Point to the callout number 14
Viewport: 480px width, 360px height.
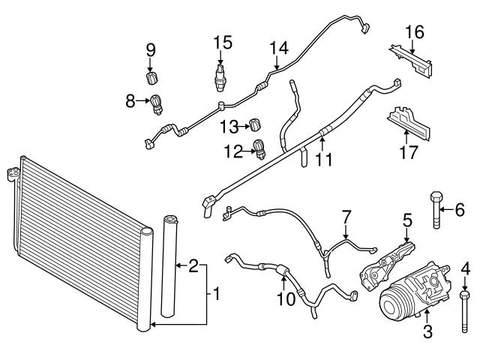(x=279, y=48)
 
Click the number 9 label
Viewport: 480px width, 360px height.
(x=151, y=51)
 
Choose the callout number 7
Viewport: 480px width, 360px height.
(x=346, y=217)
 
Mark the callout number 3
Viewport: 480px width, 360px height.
(x=428, y=331)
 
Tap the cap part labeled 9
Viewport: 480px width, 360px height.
(x=152, y=77)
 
